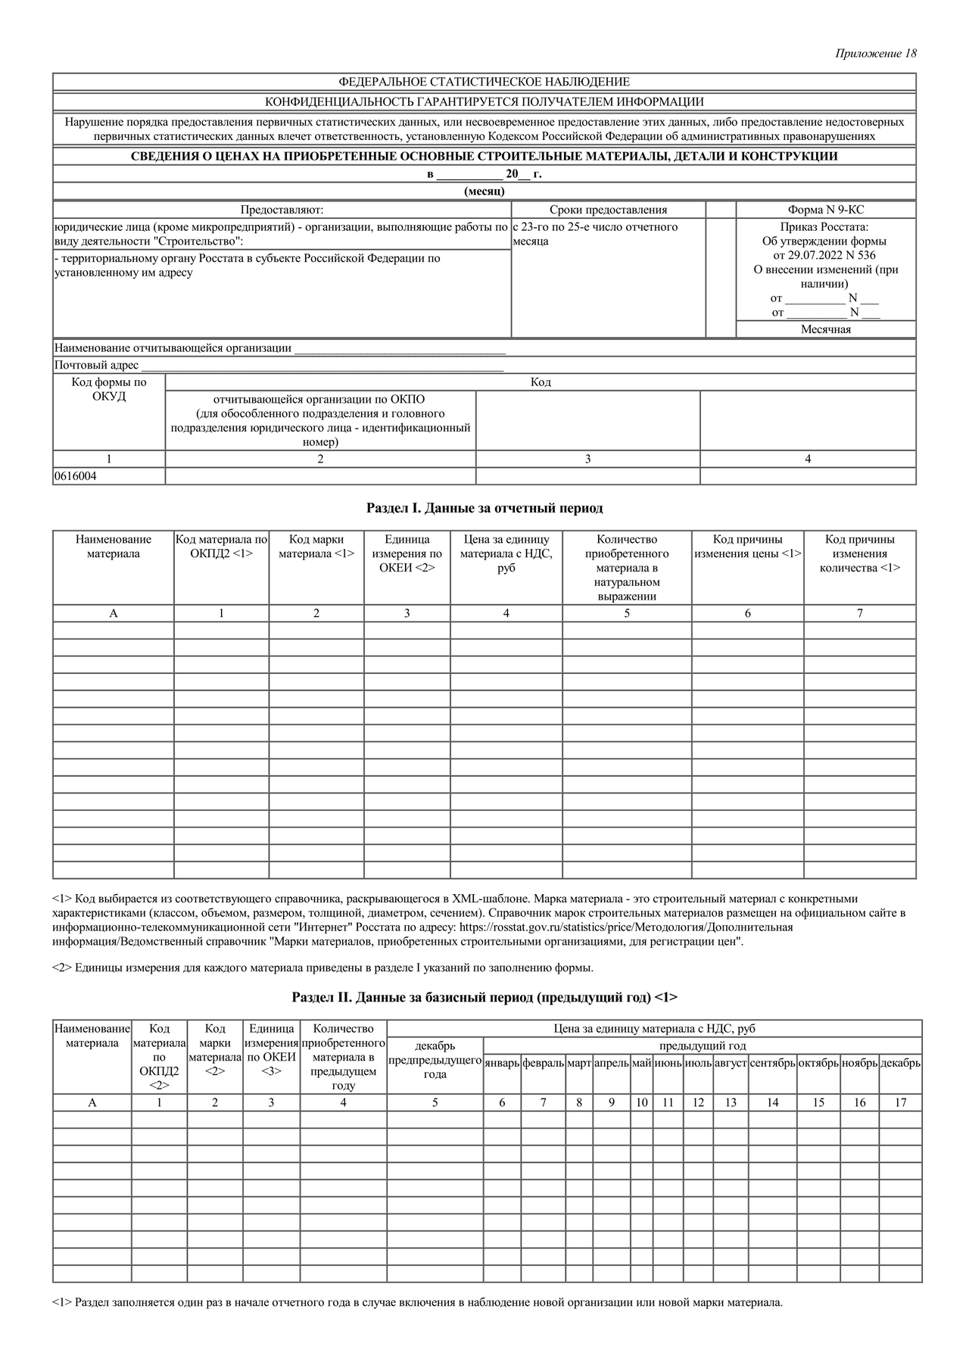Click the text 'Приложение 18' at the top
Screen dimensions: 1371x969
pos(876,54)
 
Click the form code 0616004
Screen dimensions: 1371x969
pos(76,476)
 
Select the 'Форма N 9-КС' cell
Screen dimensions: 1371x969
pos(825,210)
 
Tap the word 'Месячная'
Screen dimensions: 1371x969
pos(825,329)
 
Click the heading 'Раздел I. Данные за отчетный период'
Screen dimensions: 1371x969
pos(484,508)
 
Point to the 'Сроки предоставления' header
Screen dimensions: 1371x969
pos(608,210)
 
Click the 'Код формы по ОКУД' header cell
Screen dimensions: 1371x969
pos(109,389)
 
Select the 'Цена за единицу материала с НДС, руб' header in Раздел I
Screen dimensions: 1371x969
pos(506,553)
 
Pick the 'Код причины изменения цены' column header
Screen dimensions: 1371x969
pos(747,547)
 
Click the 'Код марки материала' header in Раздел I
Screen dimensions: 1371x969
pos(316,547)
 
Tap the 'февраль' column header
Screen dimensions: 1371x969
pos(543,1063)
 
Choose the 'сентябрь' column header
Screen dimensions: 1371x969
pos(772,1063)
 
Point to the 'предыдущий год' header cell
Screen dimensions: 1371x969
pos(703,1045)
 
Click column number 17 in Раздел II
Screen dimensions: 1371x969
pos(900,1102)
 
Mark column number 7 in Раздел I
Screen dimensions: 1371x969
pos(859,613)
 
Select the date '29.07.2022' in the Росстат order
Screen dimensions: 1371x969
pos(814,255)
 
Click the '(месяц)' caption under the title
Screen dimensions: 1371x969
pos(484,192)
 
